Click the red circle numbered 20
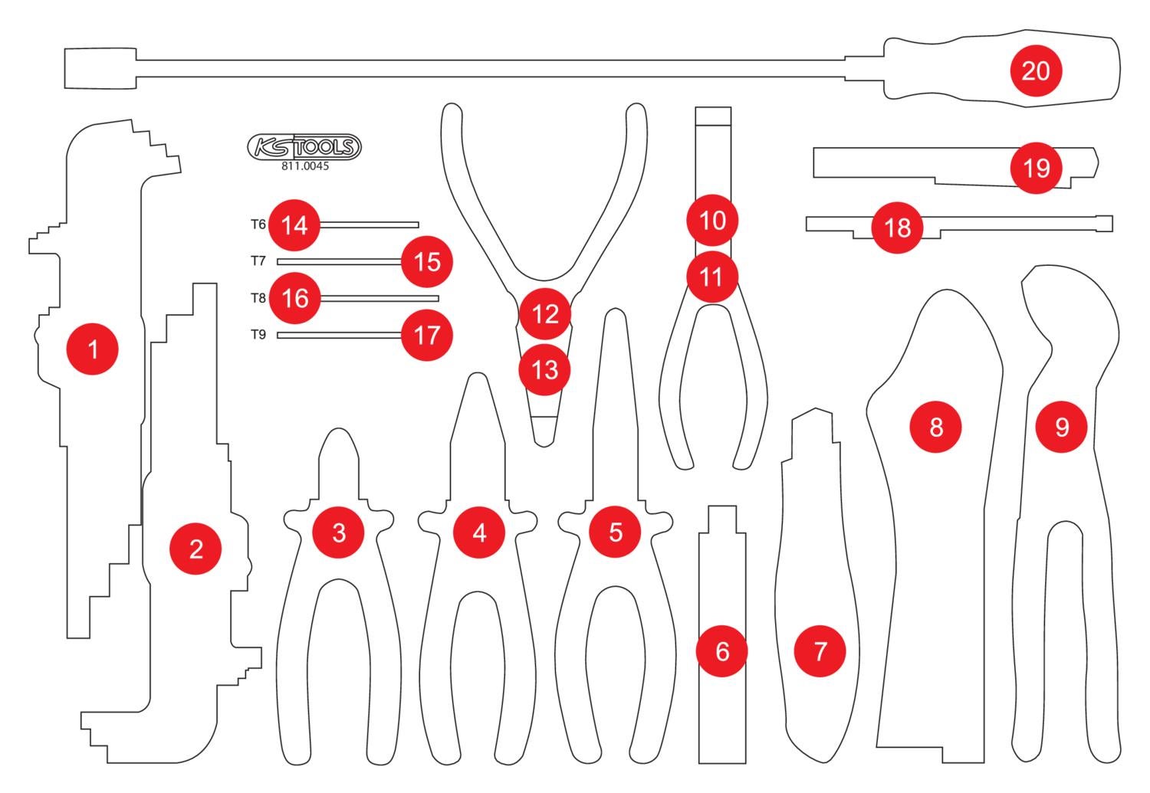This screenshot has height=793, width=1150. tap(1035, 71)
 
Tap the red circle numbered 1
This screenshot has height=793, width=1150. tap(93, 349)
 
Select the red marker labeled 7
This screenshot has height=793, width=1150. tap(820, 651)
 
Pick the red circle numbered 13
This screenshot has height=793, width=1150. tap(544, 370)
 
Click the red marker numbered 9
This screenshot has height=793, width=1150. tap(1061, 427)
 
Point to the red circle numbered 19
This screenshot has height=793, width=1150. tap(1036, 167)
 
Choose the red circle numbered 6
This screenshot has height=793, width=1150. tap(721, 651)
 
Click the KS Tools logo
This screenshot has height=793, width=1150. tap(304, 146)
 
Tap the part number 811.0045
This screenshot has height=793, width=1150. tap(304, 165)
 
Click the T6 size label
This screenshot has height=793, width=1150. tap(258, 224)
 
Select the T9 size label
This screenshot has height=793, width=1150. tap(258, 335)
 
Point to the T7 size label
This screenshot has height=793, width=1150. tap(258, 261)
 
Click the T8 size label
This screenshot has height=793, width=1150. tap(258, 298)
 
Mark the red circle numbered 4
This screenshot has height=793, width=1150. tap(479, 532)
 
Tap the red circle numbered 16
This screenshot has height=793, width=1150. tap(295, 298)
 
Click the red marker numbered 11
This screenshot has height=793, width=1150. tap(711, 276)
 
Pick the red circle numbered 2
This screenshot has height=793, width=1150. tap(195, 549)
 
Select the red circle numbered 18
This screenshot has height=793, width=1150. tap(898, 227)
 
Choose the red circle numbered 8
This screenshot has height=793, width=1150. tap(935, 427)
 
